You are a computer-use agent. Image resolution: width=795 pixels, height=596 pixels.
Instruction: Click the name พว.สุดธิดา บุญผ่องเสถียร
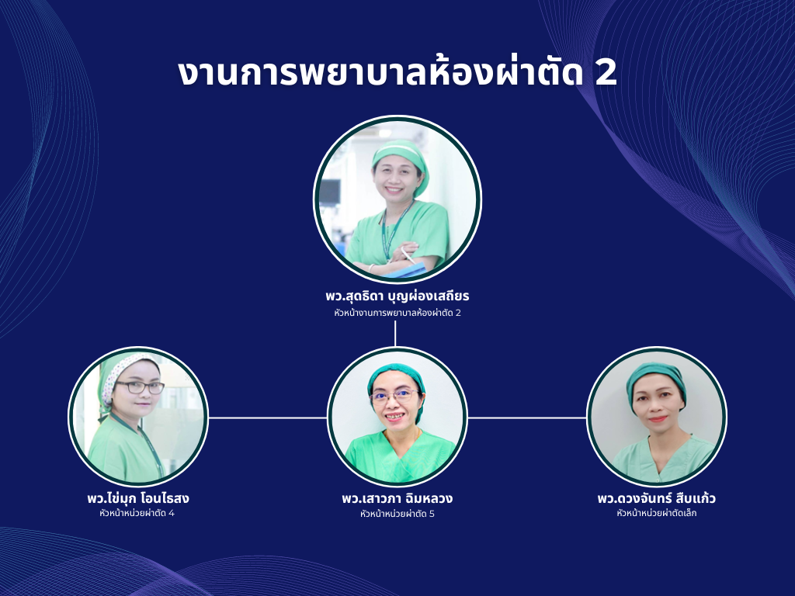(x=397, y=296)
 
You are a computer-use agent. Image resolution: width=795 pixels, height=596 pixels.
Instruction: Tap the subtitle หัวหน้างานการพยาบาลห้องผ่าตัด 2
(x=397, y=313)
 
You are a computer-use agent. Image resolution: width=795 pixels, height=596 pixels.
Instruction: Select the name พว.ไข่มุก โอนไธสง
(x=138, y=498)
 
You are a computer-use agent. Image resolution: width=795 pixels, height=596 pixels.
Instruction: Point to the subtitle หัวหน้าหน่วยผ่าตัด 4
(x=137, y=513)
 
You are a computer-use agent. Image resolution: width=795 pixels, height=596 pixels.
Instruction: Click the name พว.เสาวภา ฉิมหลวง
(x=397, y=498)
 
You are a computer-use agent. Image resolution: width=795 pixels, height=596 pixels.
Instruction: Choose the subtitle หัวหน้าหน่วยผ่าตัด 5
(x=397, y=514)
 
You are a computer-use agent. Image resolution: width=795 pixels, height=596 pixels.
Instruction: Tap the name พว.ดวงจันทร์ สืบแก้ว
(x=657, y=498)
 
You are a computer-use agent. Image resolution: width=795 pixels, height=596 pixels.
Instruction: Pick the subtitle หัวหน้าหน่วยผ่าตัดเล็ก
(x=657, y=513)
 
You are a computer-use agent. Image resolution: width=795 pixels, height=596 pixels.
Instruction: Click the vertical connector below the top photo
(x=395, y=333)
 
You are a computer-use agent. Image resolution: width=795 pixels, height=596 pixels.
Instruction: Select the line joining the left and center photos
(x=268, y=418)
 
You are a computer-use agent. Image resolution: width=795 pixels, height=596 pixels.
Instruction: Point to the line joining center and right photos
(x=527, y=418)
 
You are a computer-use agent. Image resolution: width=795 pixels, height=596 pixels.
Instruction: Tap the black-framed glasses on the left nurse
(x=140, y=388)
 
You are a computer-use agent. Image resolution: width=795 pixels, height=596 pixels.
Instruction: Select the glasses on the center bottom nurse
(x=395, y=396)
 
